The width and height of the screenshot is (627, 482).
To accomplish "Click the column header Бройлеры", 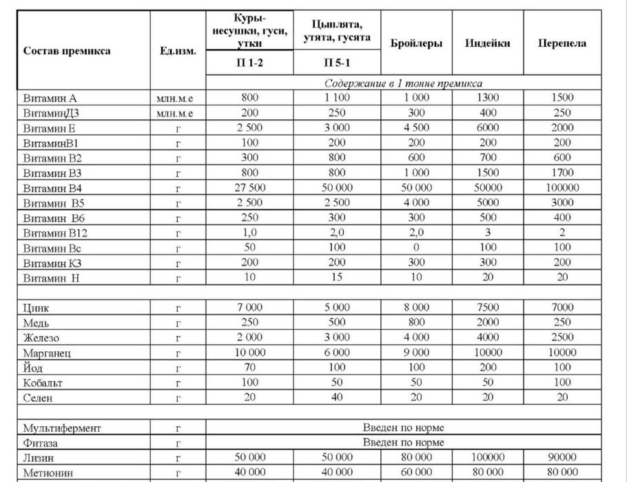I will [x=416, y=43].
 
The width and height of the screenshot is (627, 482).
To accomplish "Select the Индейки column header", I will [x=488, y=43].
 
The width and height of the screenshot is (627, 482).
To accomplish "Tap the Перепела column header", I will [x=562, y=43].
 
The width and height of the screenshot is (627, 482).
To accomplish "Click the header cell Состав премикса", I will [x=67, y=51].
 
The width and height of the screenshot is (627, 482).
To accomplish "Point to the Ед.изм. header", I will [x=177, y=51].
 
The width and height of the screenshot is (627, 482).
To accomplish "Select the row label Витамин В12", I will [x=55, y=233].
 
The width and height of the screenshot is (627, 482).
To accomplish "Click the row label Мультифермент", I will [x=61, y=428].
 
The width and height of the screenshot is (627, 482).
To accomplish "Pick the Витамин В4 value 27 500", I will [x=249, y=187].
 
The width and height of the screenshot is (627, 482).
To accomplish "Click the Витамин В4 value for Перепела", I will [x=562, y=187].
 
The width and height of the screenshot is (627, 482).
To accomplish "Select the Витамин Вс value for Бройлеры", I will [x=416, y=247].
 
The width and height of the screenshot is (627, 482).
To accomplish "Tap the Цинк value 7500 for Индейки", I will [x=488, y=307].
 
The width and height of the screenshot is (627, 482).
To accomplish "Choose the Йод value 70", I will [x=249, y=367].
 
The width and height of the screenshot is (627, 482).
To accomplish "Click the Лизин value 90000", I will [x=562, y=457].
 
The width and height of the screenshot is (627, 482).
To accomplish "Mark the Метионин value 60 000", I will [x=416, y=472].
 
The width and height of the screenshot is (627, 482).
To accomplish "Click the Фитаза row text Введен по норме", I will [x=403, y=443].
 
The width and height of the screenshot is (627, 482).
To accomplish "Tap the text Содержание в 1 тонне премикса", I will [x=403, y=83].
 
